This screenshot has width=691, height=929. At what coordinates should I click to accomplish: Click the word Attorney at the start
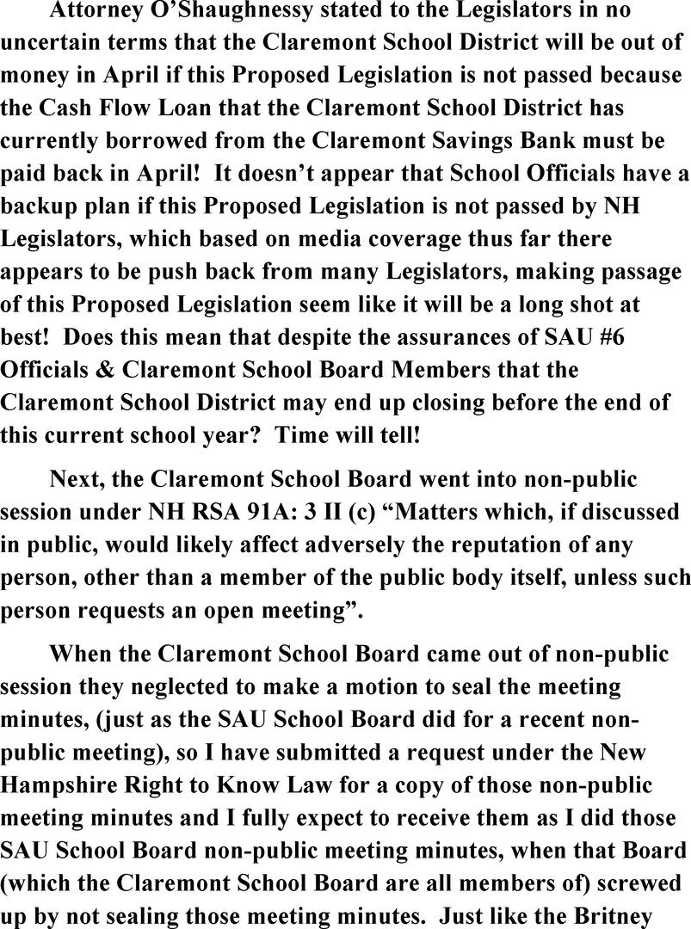pyautogui.click(x=97, y=11)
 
